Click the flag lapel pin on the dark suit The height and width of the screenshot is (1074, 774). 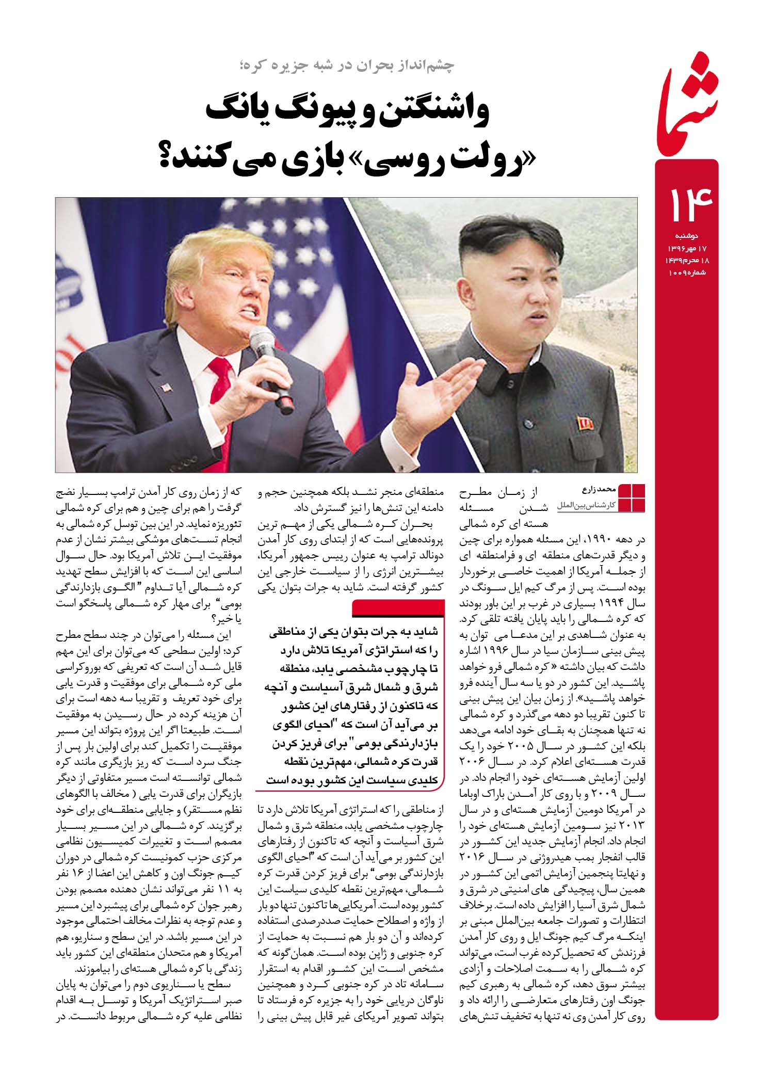[x=166, y=387]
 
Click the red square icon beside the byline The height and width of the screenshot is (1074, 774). [x=631, y=499]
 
